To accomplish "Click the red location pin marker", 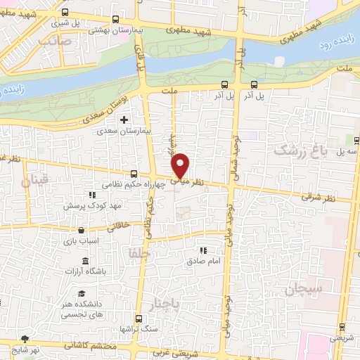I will coord(181,165).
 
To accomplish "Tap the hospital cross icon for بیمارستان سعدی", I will coord(124,120).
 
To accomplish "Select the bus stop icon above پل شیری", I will coord(65,12).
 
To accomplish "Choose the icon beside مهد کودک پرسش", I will coord(91,195).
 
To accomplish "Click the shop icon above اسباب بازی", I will coord(82,230).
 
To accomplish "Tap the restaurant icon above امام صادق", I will coord(204,250).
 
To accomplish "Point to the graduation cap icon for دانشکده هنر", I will coord(82,294).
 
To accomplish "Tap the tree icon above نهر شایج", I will coord(26,338).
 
